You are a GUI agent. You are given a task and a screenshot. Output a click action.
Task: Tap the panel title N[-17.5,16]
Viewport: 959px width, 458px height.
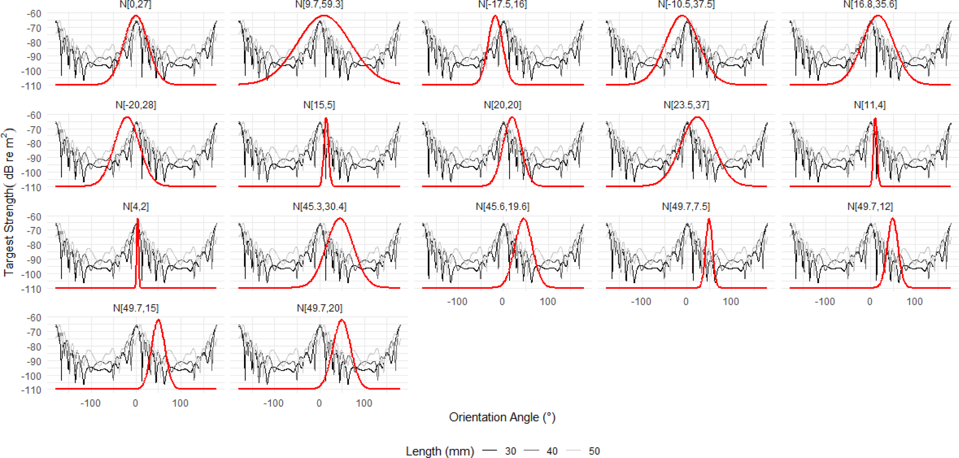pos(503,4)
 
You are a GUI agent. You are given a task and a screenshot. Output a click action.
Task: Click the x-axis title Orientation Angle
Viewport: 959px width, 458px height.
pos(502,417)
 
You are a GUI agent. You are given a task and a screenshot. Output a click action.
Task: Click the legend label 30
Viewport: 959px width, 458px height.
pos(510,451)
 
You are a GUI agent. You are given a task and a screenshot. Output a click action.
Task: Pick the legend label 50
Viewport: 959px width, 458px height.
pos(594,451)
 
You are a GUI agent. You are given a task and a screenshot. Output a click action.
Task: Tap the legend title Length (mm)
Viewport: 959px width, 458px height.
pos(440,451)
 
